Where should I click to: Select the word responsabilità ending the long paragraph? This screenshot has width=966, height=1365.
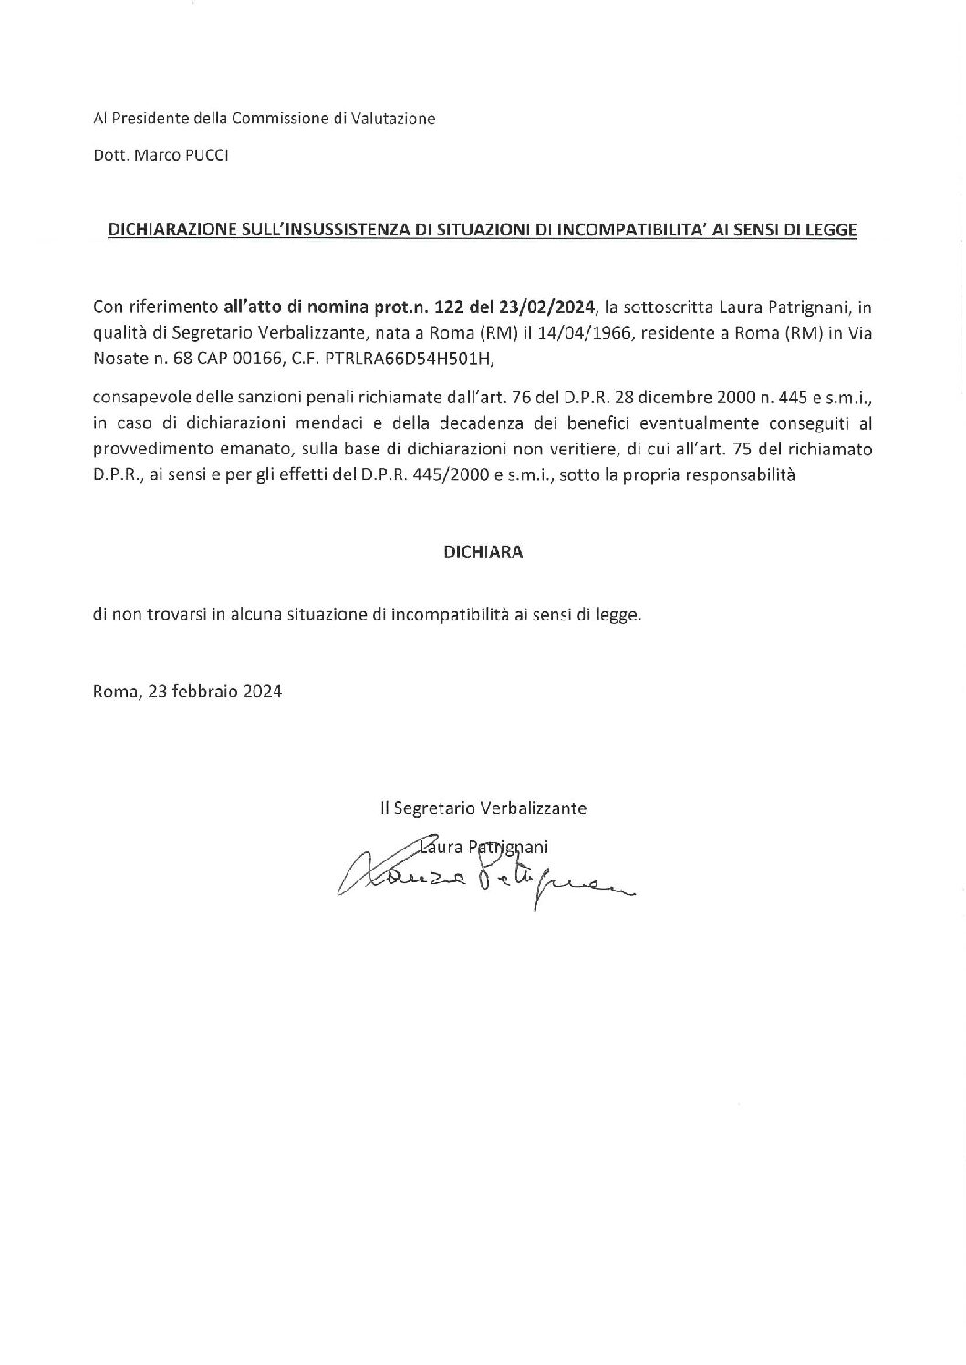pyautogui.click(x=735, y=474)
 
